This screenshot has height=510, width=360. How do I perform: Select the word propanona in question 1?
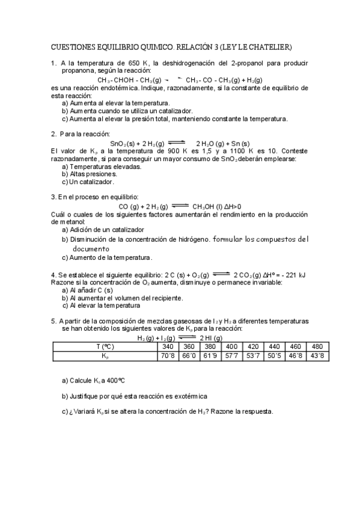pyautogui.click(x=80, y=70)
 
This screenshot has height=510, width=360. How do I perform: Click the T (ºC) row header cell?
pyautogui.click(x=105, y=346)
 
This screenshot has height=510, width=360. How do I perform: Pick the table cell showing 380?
pyautogui.click(x=210, y=346)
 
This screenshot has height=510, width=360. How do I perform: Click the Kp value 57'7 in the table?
pyautogui.click(x=231, y=356)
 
